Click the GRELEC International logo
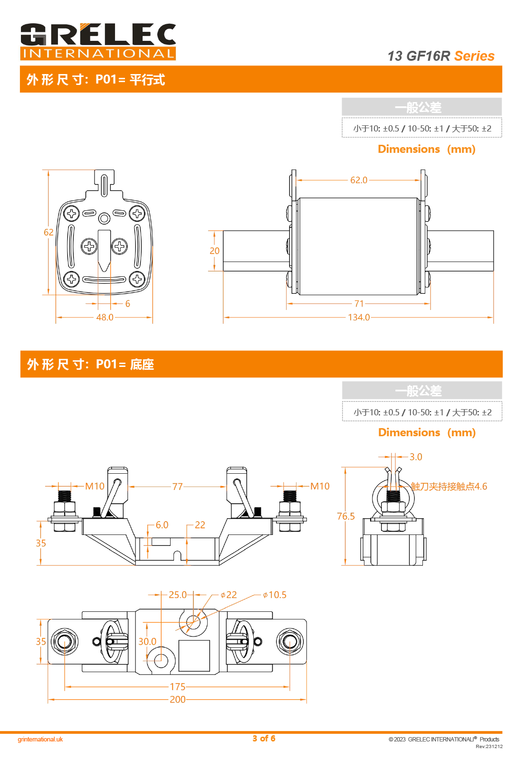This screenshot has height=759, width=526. (98, 42)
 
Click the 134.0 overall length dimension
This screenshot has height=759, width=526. (359, 317)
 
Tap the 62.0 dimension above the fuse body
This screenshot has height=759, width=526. (359, 180)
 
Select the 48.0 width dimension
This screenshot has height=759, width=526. (105, 317)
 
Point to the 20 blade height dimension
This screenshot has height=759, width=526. (214, 251)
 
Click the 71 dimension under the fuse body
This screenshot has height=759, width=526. (359, 304)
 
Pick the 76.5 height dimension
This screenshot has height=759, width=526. (346, 516)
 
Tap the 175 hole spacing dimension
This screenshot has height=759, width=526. (178, 687)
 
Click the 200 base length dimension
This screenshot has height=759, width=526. (178, 700)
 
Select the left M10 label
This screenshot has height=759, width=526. (95, 487)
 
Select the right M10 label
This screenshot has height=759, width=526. (320, 487)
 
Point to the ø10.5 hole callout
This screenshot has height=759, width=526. (275, 595)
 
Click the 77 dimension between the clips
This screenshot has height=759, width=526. (177, 487)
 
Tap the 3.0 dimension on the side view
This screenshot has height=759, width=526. (416, 457)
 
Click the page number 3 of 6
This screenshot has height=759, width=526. (264, 739)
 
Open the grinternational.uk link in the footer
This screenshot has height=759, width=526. (40, 740)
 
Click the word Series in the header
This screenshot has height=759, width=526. (474, 56)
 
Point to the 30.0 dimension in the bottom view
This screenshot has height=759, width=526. (147, 642)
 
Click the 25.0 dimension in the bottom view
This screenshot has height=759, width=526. (178, 595)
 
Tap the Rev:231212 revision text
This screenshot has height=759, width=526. (489, 746)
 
